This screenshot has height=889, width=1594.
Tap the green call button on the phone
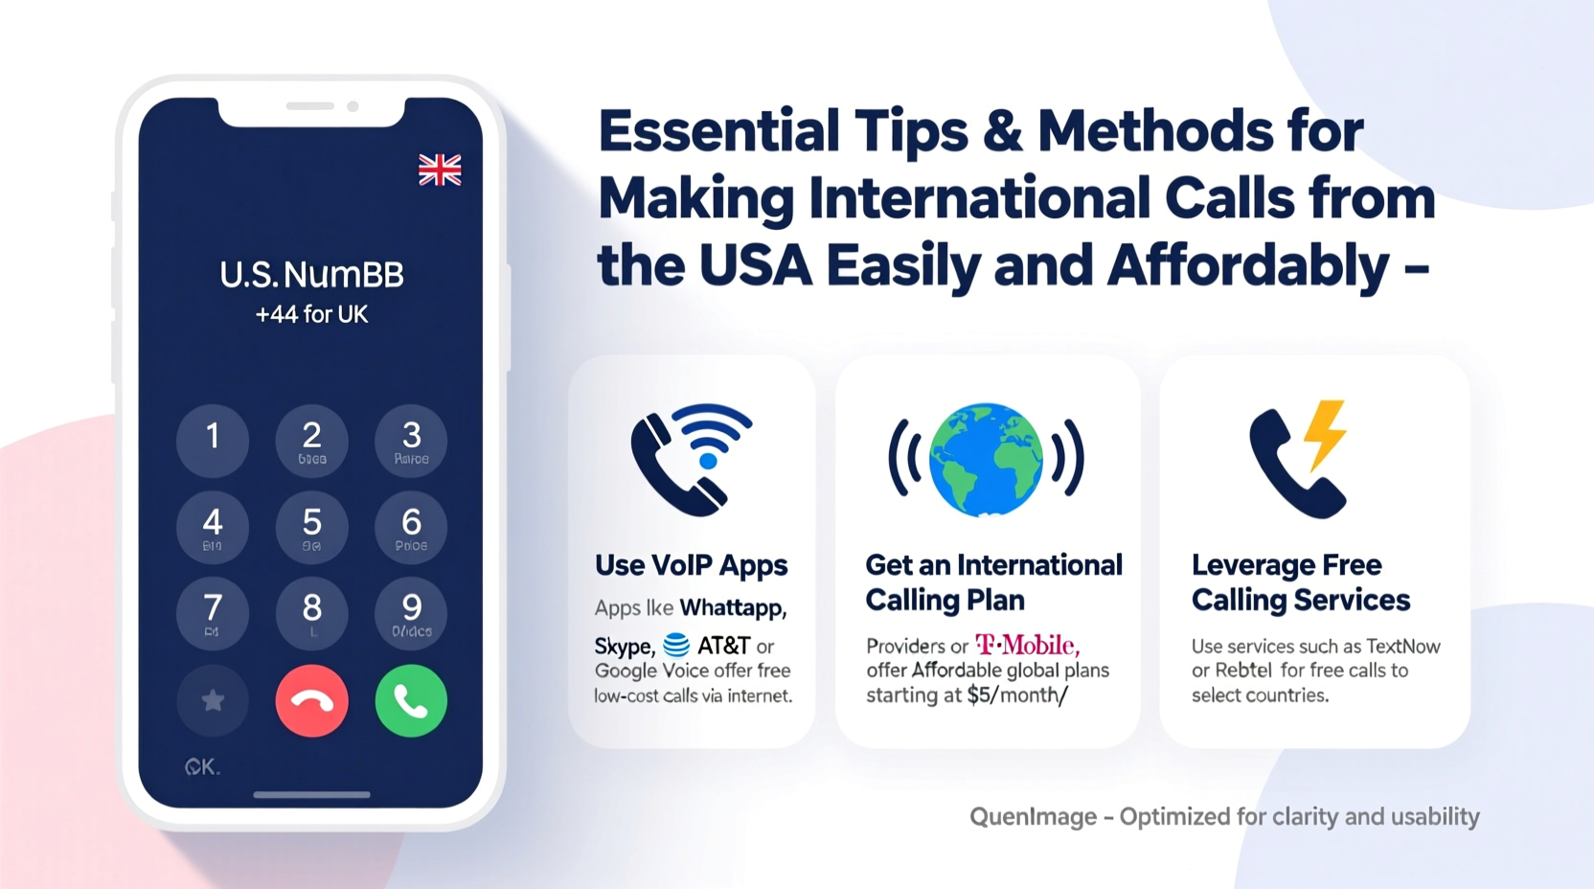tap(411, 701)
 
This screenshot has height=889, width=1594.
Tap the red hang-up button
tap(311, 701)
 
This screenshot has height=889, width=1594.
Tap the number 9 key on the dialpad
tap(411, 613)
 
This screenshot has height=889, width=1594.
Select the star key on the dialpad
tap(213, 701)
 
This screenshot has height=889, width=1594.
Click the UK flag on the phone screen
tap(440, 170)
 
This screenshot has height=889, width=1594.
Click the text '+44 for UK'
tap(311, 314)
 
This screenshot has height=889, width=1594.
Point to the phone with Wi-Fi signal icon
tap(691, 459)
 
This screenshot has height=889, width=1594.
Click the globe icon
tap(986, 459)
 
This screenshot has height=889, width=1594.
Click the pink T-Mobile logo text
tap(1027, 645)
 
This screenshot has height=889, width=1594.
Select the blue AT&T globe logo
tap(676, 645)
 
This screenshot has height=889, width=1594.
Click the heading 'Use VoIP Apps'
tap(691, 565)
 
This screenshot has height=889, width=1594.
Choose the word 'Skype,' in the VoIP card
tap(624, 646)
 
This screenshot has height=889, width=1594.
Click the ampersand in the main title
tap(1002, 130)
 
